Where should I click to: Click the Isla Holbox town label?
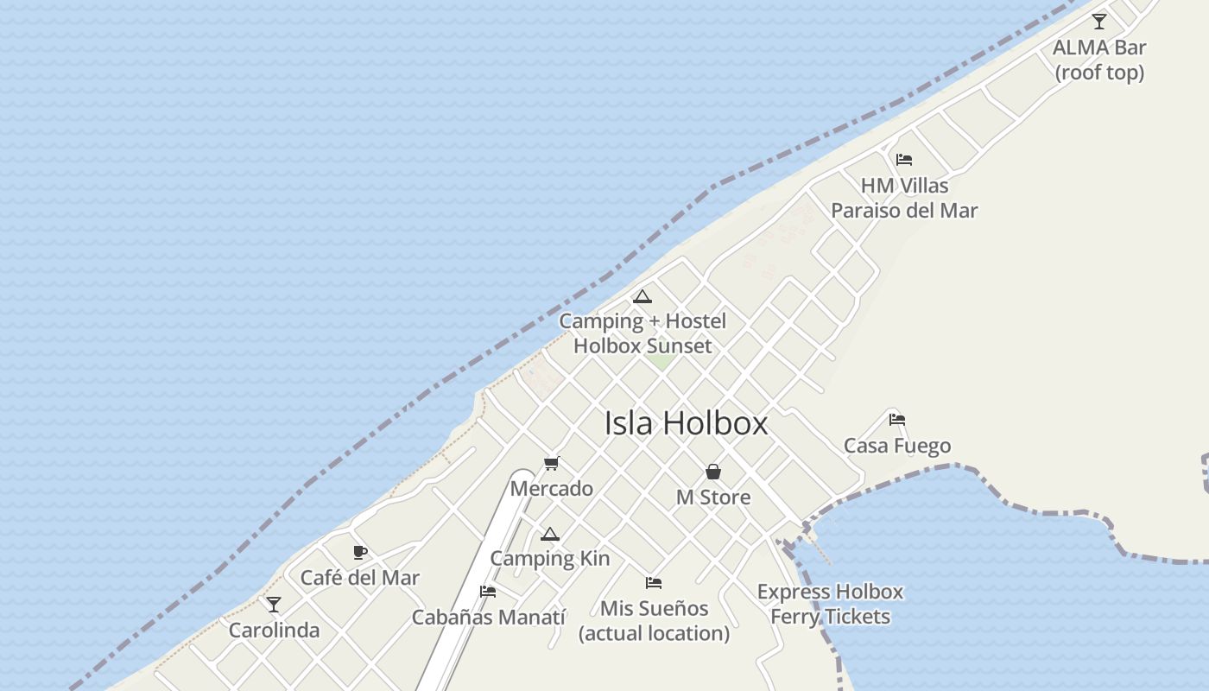pyautogui.click(x=686, y=423)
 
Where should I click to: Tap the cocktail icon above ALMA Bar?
pyautogui.click(x=1098, y=22)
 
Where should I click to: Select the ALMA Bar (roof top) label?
pyautogui.click(x=1099, y=60)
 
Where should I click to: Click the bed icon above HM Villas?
pyautogui.click(x=904, y=159)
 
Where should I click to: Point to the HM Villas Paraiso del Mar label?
pyautogui.click(x=904, y=198)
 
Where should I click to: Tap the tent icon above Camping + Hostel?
pyautogui.click(x=642, y=297)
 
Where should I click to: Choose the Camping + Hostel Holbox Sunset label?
pyautogui.click(x=642, y=333)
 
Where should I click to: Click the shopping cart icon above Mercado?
pyautogui.click(x=552, y=464)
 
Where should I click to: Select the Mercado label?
pyautogui.click(x=552, y=489)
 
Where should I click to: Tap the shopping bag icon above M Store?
pyautogui.click(x=713, y=472)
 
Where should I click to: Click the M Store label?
pyautogui.click(x=713, y=498)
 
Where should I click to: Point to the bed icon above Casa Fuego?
pyautogui.click(x=897, y=420)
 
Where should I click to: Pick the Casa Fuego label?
pyautogui.click(x=897, y=446)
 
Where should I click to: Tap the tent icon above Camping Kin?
pyautogui.click(x=550, y=535)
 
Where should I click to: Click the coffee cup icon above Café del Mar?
pyautogui.click(x=360, y=553)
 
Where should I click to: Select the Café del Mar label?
pyautogui.click(x=360, y=578)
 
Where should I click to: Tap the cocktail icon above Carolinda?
pyautogui.click(x=274, y=605)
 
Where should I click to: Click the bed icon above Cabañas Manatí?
pyautogui.click(x=488, y=592)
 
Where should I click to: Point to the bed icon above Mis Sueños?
pyautogui.click(x=654, y=583)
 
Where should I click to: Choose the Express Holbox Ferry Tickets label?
pyautogui.click(x=830, y=604)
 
